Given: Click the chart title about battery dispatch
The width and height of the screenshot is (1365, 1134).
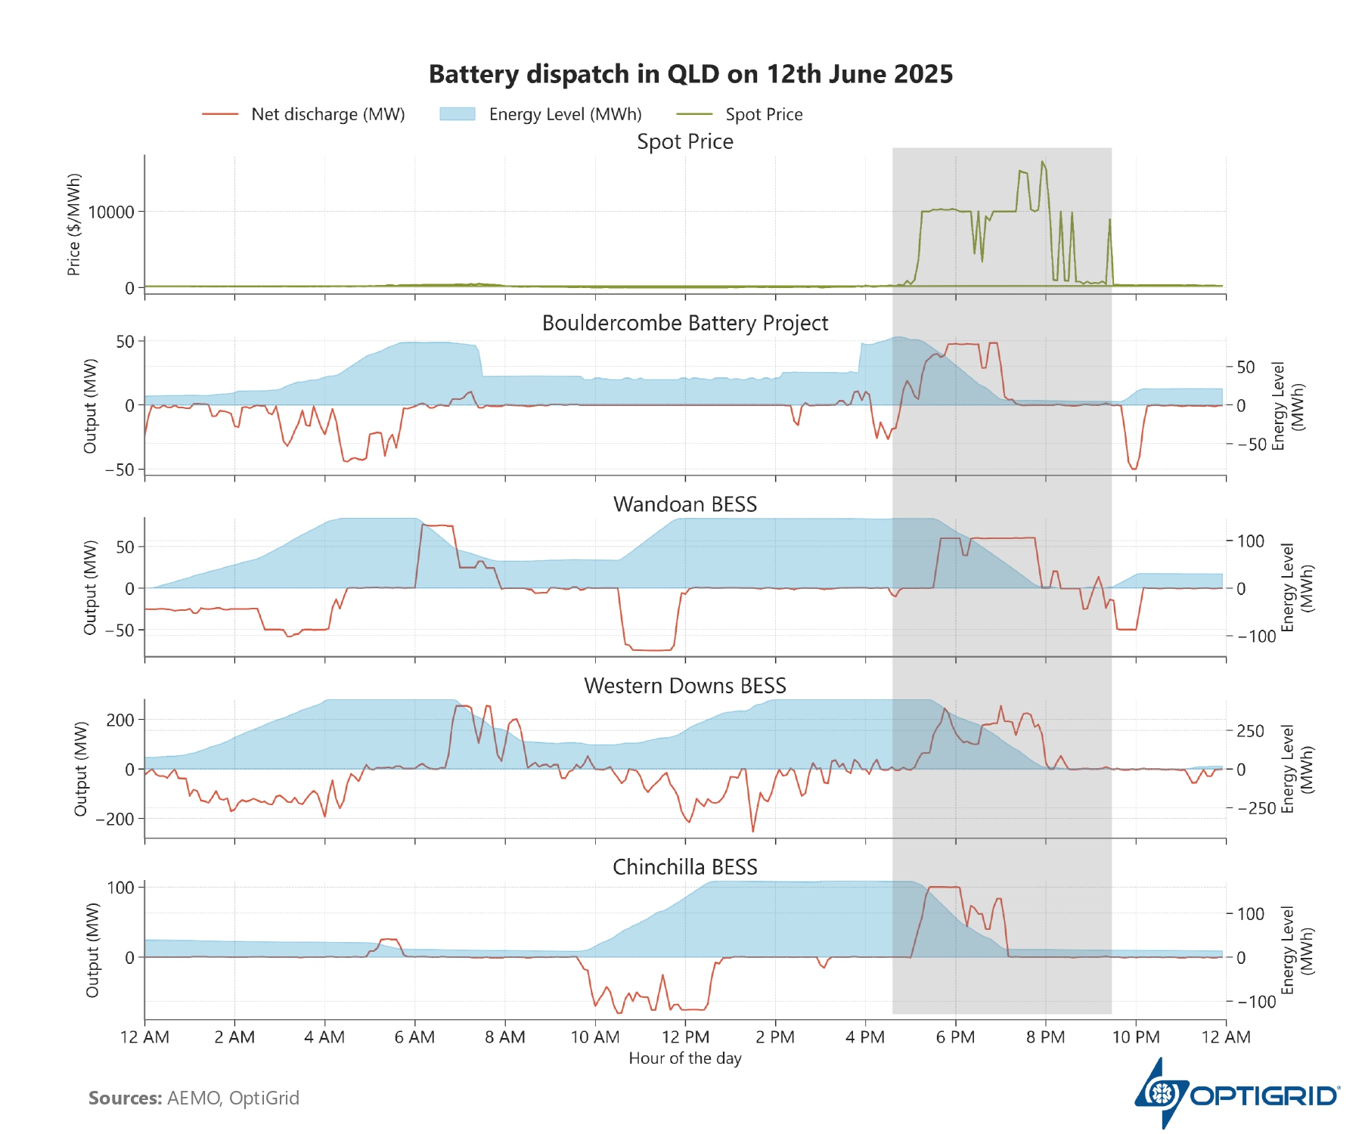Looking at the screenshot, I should coord(690,74).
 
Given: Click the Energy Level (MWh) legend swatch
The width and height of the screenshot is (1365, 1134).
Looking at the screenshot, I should coord(458,114).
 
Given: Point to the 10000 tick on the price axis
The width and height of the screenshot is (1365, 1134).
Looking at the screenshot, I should coord(111,212).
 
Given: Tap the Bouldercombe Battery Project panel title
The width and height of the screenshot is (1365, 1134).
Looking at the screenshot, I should coord(685,323).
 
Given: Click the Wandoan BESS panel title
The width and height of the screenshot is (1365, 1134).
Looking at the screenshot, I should coord(685,504).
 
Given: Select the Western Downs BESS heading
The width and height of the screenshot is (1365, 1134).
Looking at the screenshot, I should coord(685,686).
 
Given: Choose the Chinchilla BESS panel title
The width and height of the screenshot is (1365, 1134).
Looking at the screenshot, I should coord(685,867).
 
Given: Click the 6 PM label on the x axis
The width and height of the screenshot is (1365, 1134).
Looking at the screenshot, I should coord(955,1037).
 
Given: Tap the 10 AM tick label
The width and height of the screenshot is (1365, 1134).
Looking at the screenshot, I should coord(595,1037).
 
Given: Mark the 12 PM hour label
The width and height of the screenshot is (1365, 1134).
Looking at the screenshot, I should coord(685,1037).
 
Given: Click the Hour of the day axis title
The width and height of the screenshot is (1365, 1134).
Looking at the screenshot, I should coord(685,1058).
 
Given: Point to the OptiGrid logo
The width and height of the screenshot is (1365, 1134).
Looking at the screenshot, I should coord(1236,1094).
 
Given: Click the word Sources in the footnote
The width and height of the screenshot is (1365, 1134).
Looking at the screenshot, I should coord(125,1098).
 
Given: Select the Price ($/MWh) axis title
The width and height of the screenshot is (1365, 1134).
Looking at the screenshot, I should coord(74,225).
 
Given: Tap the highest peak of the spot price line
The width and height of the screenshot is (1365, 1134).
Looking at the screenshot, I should coord(1042,161).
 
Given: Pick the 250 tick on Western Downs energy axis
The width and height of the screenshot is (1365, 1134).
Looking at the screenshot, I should coord(1250,731).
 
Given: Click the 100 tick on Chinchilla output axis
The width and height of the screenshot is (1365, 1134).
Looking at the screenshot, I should coord(121,888).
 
